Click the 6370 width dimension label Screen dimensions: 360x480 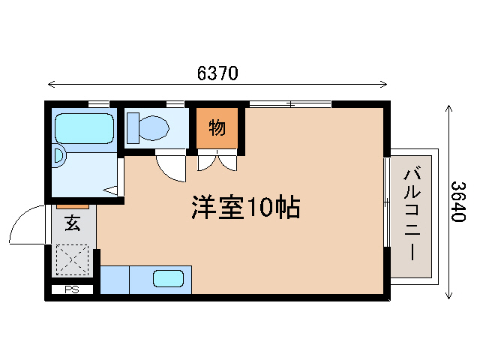217,73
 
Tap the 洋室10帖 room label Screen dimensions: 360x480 245,207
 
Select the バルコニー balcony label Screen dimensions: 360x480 411,214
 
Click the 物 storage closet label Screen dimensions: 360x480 217,127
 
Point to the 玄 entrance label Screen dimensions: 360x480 72,223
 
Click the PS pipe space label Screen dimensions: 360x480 72,289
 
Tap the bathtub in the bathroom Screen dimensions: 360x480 84,128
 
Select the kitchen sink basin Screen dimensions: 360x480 169,280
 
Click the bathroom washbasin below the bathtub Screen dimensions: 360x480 59,156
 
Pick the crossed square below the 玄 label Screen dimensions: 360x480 73,262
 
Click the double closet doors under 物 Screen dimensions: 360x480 217,160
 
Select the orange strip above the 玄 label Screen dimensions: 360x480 73,205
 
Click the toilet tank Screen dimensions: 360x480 133,127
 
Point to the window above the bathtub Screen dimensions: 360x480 98,103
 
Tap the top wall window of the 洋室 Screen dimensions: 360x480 289,103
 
